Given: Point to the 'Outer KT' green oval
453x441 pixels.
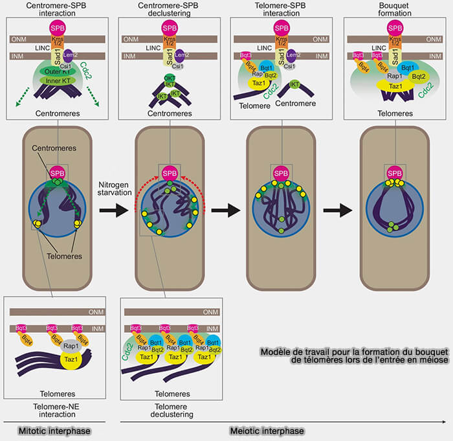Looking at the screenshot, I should coord(56,71).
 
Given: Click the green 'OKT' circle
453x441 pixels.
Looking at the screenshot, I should coord(169,78).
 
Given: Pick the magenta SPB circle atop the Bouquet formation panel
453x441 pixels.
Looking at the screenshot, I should coord(393,28).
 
